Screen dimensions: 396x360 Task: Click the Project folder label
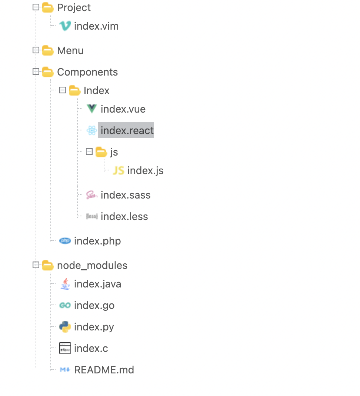coord(74,8)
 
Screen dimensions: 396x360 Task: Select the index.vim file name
coord(96,26)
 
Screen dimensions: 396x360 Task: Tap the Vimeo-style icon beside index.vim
coord(65,26)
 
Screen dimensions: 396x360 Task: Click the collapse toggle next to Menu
coord(36,50)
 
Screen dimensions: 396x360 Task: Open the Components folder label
coord(87,72)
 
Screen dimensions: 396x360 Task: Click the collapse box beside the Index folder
coord(63,90)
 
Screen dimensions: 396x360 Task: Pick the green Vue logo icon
coord(91,109)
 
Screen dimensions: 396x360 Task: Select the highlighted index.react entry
coord(127,131)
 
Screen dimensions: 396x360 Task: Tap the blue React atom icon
coord(91,130)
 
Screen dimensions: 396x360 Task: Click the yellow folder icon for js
coord(101,152)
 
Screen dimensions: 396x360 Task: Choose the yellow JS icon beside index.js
coord(118,170)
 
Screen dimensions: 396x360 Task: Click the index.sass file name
coord(126,195)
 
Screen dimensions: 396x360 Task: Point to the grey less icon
coord(91,216)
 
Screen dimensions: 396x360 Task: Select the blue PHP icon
coord(65,241)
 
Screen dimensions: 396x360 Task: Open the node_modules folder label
coord(92,266)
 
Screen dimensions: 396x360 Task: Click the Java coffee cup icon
coord(65,284)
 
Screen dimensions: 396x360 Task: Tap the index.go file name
coord(94,306)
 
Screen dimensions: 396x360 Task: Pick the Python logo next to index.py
coord(65,327)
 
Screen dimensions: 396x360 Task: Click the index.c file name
coord(91,349)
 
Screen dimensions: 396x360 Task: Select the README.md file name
coord(104,370)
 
